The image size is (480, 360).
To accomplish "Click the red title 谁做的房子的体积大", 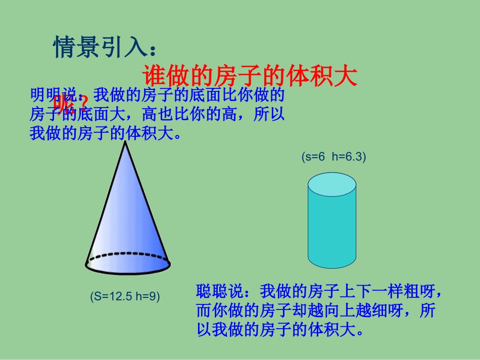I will [x=251, y=76].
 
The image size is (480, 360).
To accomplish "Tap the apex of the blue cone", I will [x=125, y=142].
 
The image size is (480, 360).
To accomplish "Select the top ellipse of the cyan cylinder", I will [x=332, y=186].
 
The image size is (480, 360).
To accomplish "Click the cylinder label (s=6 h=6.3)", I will [x=333, y=157].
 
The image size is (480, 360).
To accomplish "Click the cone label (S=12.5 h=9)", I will [x=125, y=296].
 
